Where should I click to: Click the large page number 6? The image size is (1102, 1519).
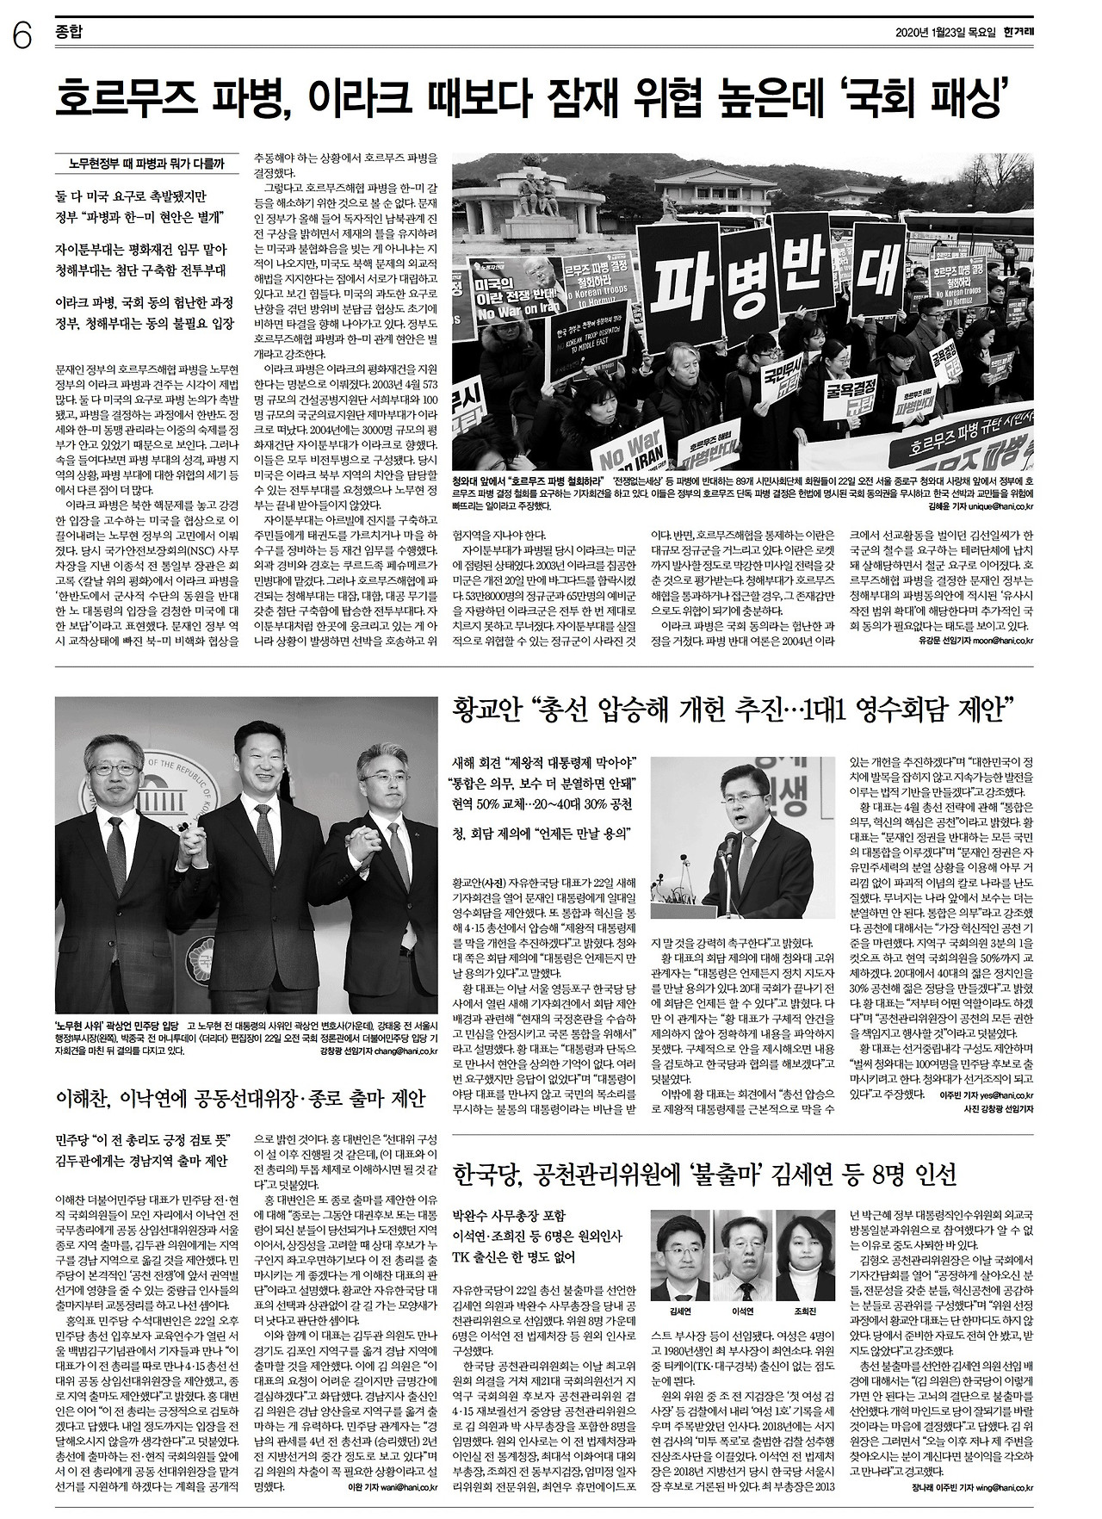click(22, 37)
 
